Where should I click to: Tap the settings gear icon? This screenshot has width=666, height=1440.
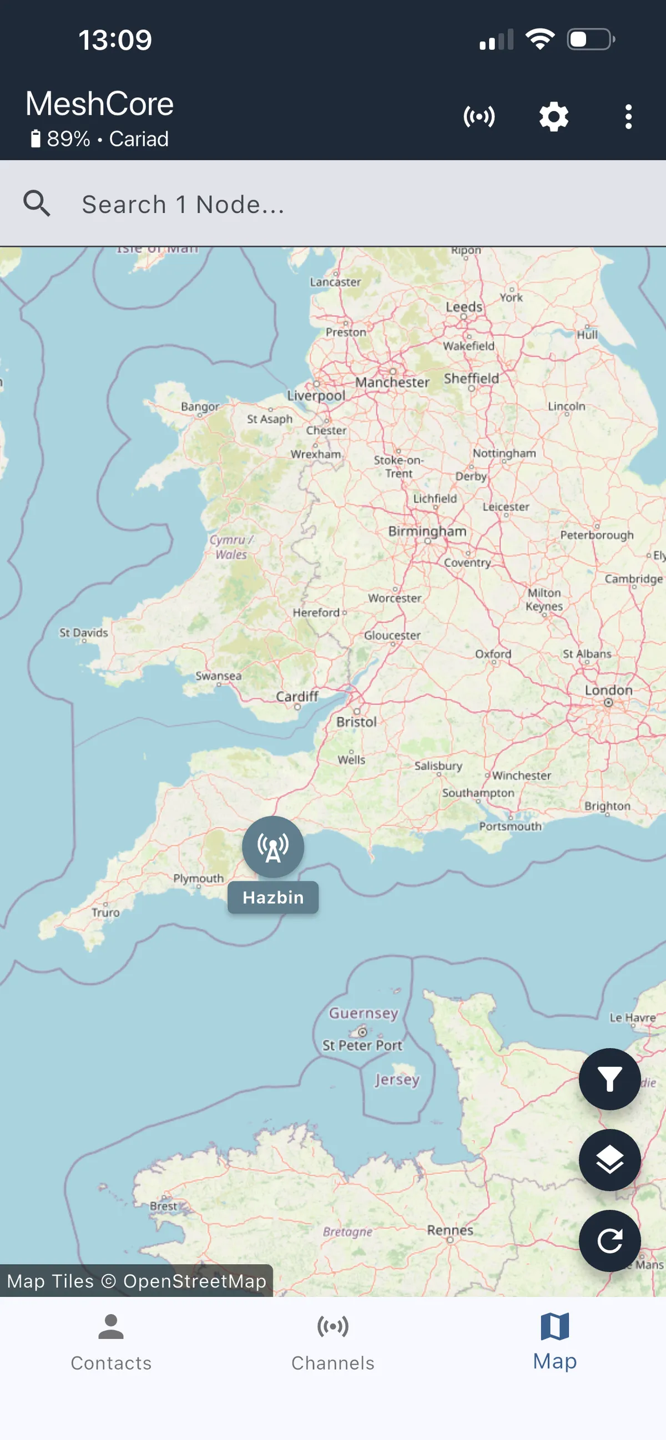point(553,118)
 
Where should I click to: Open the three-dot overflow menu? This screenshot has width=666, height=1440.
point(628,118)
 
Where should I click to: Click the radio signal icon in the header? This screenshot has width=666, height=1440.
point(479,118)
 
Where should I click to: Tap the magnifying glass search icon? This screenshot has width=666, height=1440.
point(37,204)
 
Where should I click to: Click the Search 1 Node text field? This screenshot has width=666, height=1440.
point(336,205)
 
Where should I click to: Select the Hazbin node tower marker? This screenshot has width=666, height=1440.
point(273,847)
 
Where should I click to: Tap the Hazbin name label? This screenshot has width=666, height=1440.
point(273,897)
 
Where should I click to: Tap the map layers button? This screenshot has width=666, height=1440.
point(609,1159)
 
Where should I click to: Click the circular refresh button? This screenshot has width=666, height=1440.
point(609,1241)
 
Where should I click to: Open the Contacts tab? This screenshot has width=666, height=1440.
point(110,1342)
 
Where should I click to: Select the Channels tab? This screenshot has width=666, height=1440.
point(332,1342)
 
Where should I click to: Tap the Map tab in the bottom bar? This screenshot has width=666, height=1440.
point(554,1342)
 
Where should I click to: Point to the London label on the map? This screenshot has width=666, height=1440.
point(608,691)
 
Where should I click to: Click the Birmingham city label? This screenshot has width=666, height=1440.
point(427,531)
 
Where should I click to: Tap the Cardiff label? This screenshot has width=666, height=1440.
point(297,697)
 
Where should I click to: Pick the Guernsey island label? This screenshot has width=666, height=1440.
point(364,1013)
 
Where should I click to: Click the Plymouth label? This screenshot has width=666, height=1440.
point(199,878)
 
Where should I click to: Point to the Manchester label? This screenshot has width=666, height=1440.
point(392,382)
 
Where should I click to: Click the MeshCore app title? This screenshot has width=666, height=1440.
point(99,104)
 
